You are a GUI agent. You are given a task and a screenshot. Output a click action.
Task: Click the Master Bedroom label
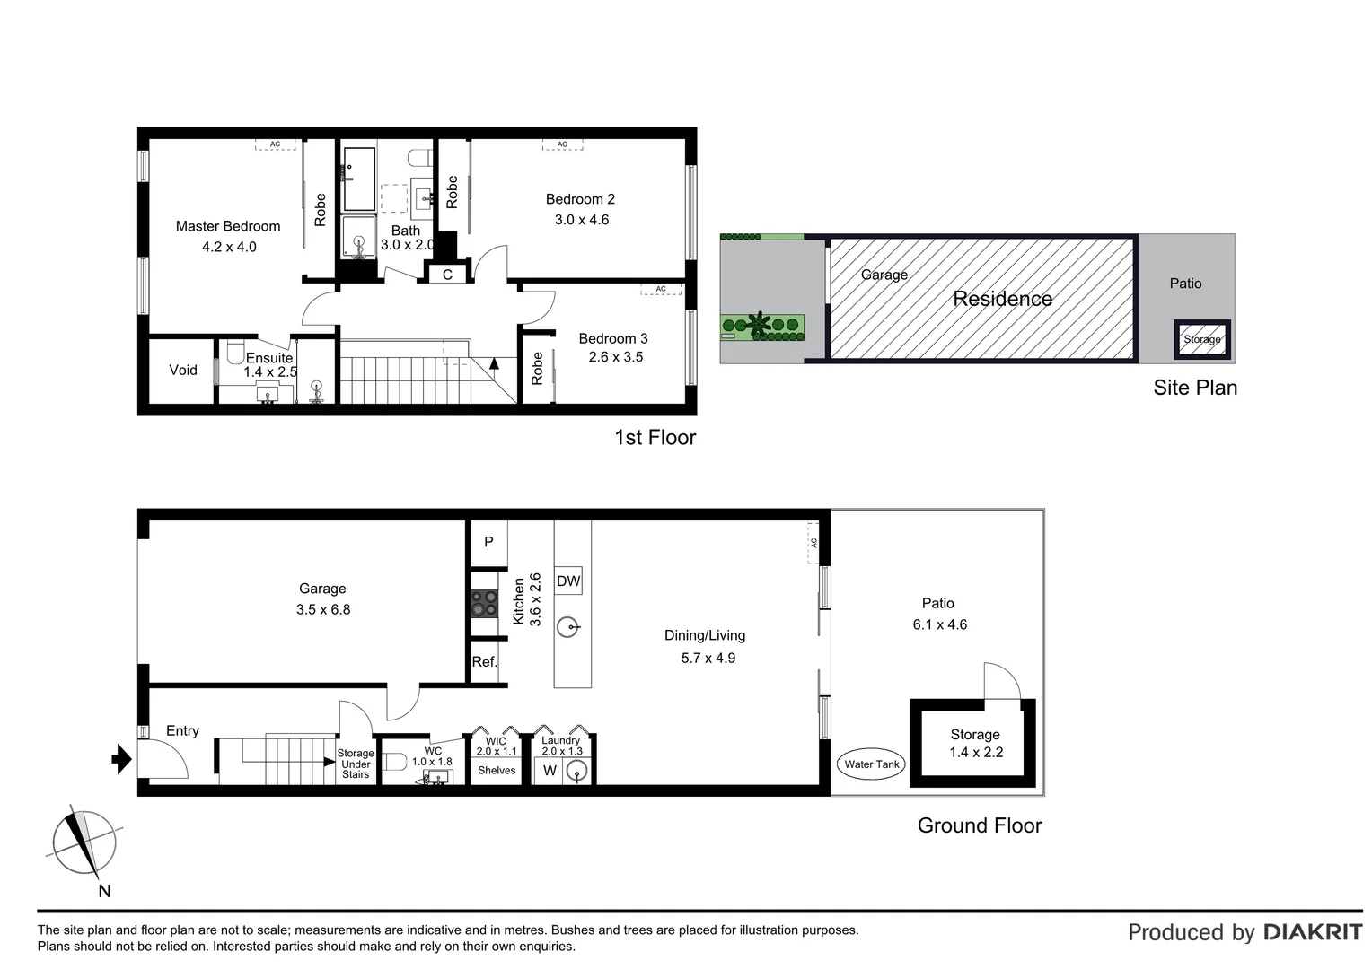coord(228,226)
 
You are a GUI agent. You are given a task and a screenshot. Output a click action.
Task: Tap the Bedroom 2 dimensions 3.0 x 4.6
coord(581,220)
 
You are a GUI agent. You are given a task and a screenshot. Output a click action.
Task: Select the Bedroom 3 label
coord(612,338)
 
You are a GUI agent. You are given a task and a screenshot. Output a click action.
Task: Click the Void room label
coord(183,370)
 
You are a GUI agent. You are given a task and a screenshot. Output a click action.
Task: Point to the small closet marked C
coord(447,275)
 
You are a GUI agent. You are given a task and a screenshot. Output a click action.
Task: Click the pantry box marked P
coord(488,542)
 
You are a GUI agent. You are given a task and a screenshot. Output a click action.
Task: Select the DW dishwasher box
coord(568,581)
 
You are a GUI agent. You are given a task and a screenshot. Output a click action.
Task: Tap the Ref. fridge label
coord(484,662)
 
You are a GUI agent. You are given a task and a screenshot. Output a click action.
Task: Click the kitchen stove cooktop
coord(485,603)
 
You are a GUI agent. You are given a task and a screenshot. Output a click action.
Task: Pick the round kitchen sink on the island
coord(567,625)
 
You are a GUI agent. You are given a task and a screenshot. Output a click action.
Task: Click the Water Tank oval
coord(872,764)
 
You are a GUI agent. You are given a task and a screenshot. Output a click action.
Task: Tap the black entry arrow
coord(121,760)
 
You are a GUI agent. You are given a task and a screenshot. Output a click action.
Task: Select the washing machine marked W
coord(550,771)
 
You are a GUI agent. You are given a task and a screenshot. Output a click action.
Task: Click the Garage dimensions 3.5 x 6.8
coord(323,610)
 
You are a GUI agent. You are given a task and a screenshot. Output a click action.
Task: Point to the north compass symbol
coord(84,844)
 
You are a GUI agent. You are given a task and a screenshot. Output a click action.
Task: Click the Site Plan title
coord(1195,388)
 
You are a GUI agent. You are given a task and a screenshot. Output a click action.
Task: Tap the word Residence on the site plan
coord(1002,299)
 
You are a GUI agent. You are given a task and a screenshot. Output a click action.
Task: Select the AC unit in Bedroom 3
coord(661,289)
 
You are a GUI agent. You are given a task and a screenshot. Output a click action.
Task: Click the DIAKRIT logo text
coord(1313,932)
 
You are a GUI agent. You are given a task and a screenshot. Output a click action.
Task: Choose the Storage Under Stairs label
coord(356,764)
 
